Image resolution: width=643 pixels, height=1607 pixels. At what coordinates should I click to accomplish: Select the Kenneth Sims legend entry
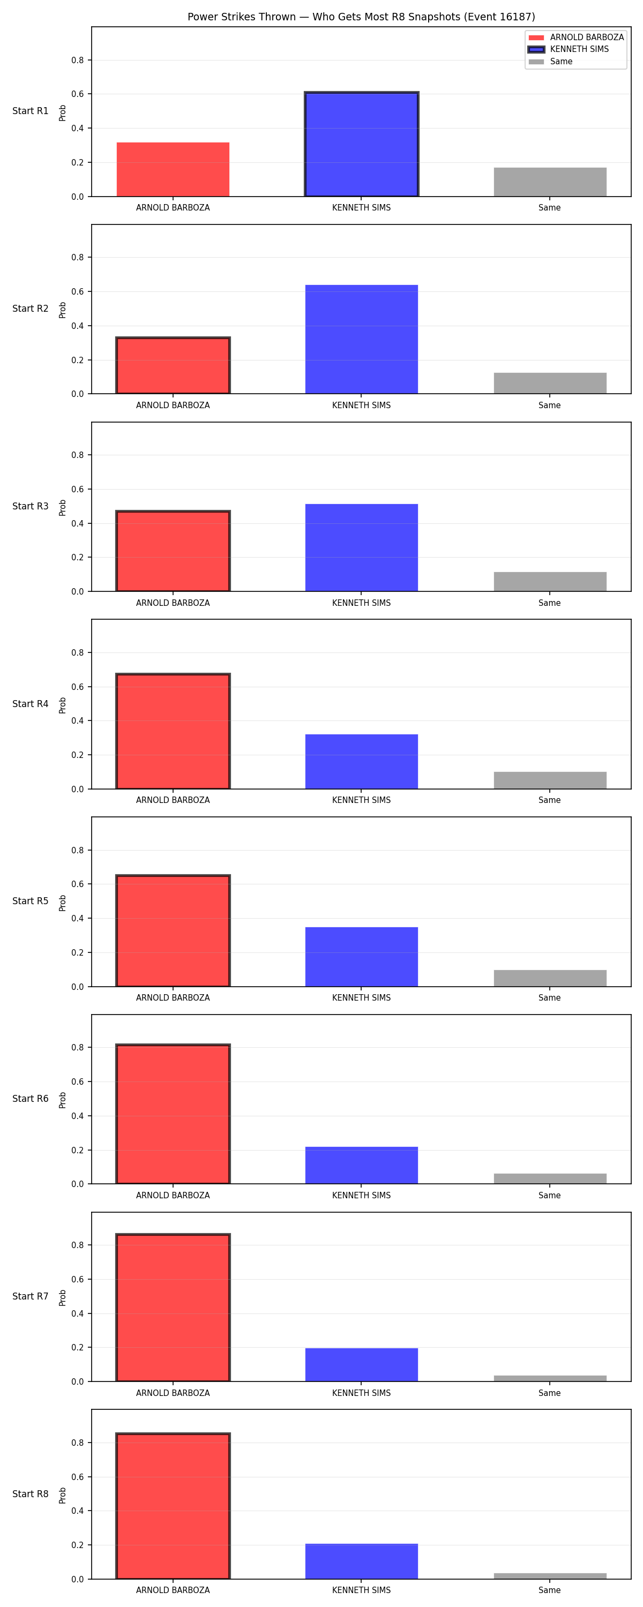point(567,49)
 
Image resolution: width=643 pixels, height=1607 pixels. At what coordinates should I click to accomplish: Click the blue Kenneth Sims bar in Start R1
point(362,144)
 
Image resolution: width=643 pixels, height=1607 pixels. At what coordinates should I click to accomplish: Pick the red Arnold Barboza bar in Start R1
point(173,170)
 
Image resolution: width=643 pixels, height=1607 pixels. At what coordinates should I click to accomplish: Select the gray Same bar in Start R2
point(550,383)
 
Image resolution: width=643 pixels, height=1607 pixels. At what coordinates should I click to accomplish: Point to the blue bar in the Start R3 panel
point(362,548)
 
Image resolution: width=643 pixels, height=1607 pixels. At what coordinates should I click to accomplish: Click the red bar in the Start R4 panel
point(173,731)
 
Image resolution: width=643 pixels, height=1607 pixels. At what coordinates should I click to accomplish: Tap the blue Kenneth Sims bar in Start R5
point(362,957)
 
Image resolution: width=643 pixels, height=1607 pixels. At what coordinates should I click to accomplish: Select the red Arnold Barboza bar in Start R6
point(173,1114)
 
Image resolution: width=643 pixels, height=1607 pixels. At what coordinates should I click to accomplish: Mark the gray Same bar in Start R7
point(550,1379)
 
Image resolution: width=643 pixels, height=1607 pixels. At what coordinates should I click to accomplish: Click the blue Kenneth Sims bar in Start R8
point(362,1561)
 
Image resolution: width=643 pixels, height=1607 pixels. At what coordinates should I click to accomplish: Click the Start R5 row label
point(30,902)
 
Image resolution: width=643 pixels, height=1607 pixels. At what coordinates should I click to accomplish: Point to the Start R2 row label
point(30,309)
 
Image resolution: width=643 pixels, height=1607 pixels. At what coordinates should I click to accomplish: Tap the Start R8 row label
point(30,1494)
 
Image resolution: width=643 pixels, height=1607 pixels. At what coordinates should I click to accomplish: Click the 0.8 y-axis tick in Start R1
point(77,61)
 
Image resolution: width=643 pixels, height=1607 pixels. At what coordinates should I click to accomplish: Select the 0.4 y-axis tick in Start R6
point(77,1116)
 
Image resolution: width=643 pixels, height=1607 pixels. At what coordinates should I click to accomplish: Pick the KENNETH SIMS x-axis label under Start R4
point(362,800)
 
